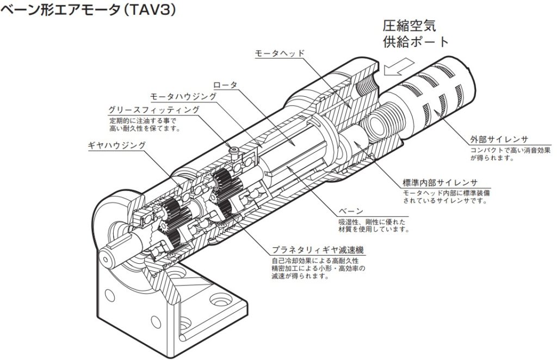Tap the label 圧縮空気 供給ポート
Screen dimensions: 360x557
(x=409, y=34)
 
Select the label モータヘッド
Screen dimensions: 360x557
(x=280, y=53)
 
